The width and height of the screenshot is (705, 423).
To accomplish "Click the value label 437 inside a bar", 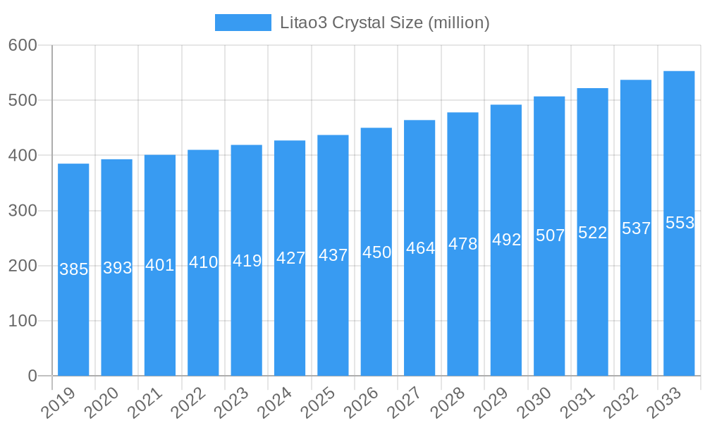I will click(x=333, y=255).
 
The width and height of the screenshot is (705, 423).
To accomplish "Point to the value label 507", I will click(x=550, y=235).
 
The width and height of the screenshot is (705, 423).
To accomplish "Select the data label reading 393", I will click(x=117, y=268).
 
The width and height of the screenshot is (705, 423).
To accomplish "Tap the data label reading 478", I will click(x=463, y=244).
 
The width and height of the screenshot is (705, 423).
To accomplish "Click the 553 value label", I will click(x=680, y=223).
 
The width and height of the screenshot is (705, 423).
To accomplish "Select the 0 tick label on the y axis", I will click(x=32, y=376).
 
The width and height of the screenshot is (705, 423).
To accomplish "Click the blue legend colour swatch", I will click(x=243, y=23).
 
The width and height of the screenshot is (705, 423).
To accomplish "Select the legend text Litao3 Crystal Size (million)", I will click(x=384, y=23).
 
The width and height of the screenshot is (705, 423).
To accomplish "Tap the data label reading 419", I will click(x=247, y=261).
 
